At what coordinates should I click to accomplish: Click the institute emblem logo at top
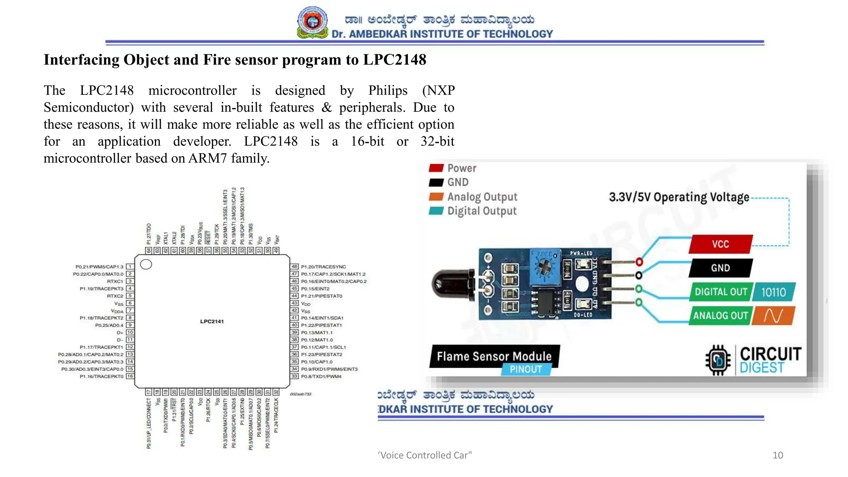(x=313, y=22)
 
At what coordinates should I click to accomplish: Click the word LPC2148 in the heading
(x=395, y=60)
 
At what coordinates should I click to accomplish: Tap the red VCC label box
(x=720, y=244)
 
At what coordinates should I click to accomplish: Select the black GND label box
(x=720, y=268)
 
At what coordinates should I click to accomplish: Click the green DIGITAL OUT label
(x=720, y=292)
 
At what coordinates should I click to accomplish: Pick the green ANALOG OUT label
(x=720, y=316)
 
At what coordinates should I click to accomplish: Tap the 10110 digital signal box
(x=773, y=292)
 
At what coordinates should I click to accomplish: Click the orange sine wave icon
(x=773, y=316)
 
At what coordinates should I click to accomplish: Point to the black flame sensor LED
(x=451, y=285)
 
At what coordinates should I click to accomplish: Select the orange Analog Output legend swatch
(x=436, y=197)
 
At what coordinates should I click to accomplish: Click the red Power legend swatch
(x=436, y=168)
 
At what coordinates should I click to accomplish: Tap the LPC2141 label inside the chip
(x=212, y=321)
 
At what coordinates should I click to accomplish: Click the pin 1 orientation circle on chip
(x=146, y=264)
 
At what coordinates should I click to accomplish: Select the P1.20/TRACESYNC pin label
(x=323, y=267)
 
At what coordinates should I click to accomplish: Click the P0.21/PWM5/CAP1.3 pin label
(x=99, y=267)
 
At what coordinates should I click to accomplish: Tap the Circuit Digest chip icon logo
(x=718, y=360)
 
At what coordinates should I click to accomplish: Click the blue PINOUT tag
(x=526, y=369)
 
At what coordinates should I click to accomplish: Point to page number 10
(x=778, y=455)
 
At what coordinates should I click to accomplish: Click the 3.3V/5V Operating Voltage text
(x=679, y=197)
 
